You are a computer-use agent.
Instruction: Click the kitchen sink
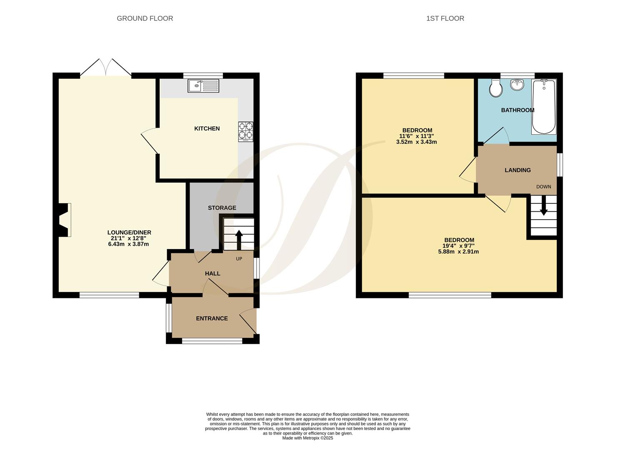pyautogui.click(x=203, y=86)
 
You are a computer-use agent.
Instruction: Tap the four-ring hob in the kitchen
pyautogui.click(x=246, y=132)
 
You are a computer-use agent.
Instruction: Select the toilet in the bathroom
pyautogui.click(x=496, y=88)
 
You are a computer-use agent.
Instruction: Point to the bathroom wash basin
pyautogui.click(x=517, y=85)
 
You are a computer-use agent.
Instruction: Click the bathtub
pyautogui.click(x=544, y=107)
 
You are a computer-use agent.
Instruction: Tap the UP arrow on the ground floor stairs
pyautogui.click(x=239, y=240)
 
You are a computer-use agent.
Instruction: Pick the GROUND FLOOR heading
pyautogui.click(x=145, y=18)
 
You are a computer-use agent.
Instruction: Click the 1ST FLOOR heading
pyautogui.click(x=445, y=18)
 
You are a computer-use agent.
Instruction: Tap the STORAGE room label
pyautogui.click(x=222, y=208)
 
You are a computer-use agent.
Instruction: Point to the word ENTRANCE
pyautogui.click(x=212, y=318)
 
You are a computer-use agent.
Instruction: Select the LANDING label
pyautogui.click(x=518, y=170)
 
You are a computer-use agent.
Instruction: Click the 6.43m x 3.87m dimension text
pyautogui.click(x=128, y=244)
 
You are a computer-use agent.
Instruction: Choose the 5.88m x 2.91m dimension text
pyautogui.click(x=458, y=252)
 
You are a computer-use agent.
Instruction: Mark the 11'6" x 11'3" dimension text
pyautogui.click(x=417, y=136)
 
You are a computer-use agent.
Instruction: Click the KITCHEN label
pyautogui.click(x=207, y=129)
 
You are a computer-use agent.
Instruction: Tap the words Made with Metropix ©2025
pyautogui.click(x=308, y=438)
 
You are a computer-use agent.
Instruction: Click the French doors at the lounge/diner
pyautogui.click(x=105, y=67)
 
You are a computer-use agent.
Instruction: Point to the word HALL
pyautogui.click(x=213, y=273)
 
